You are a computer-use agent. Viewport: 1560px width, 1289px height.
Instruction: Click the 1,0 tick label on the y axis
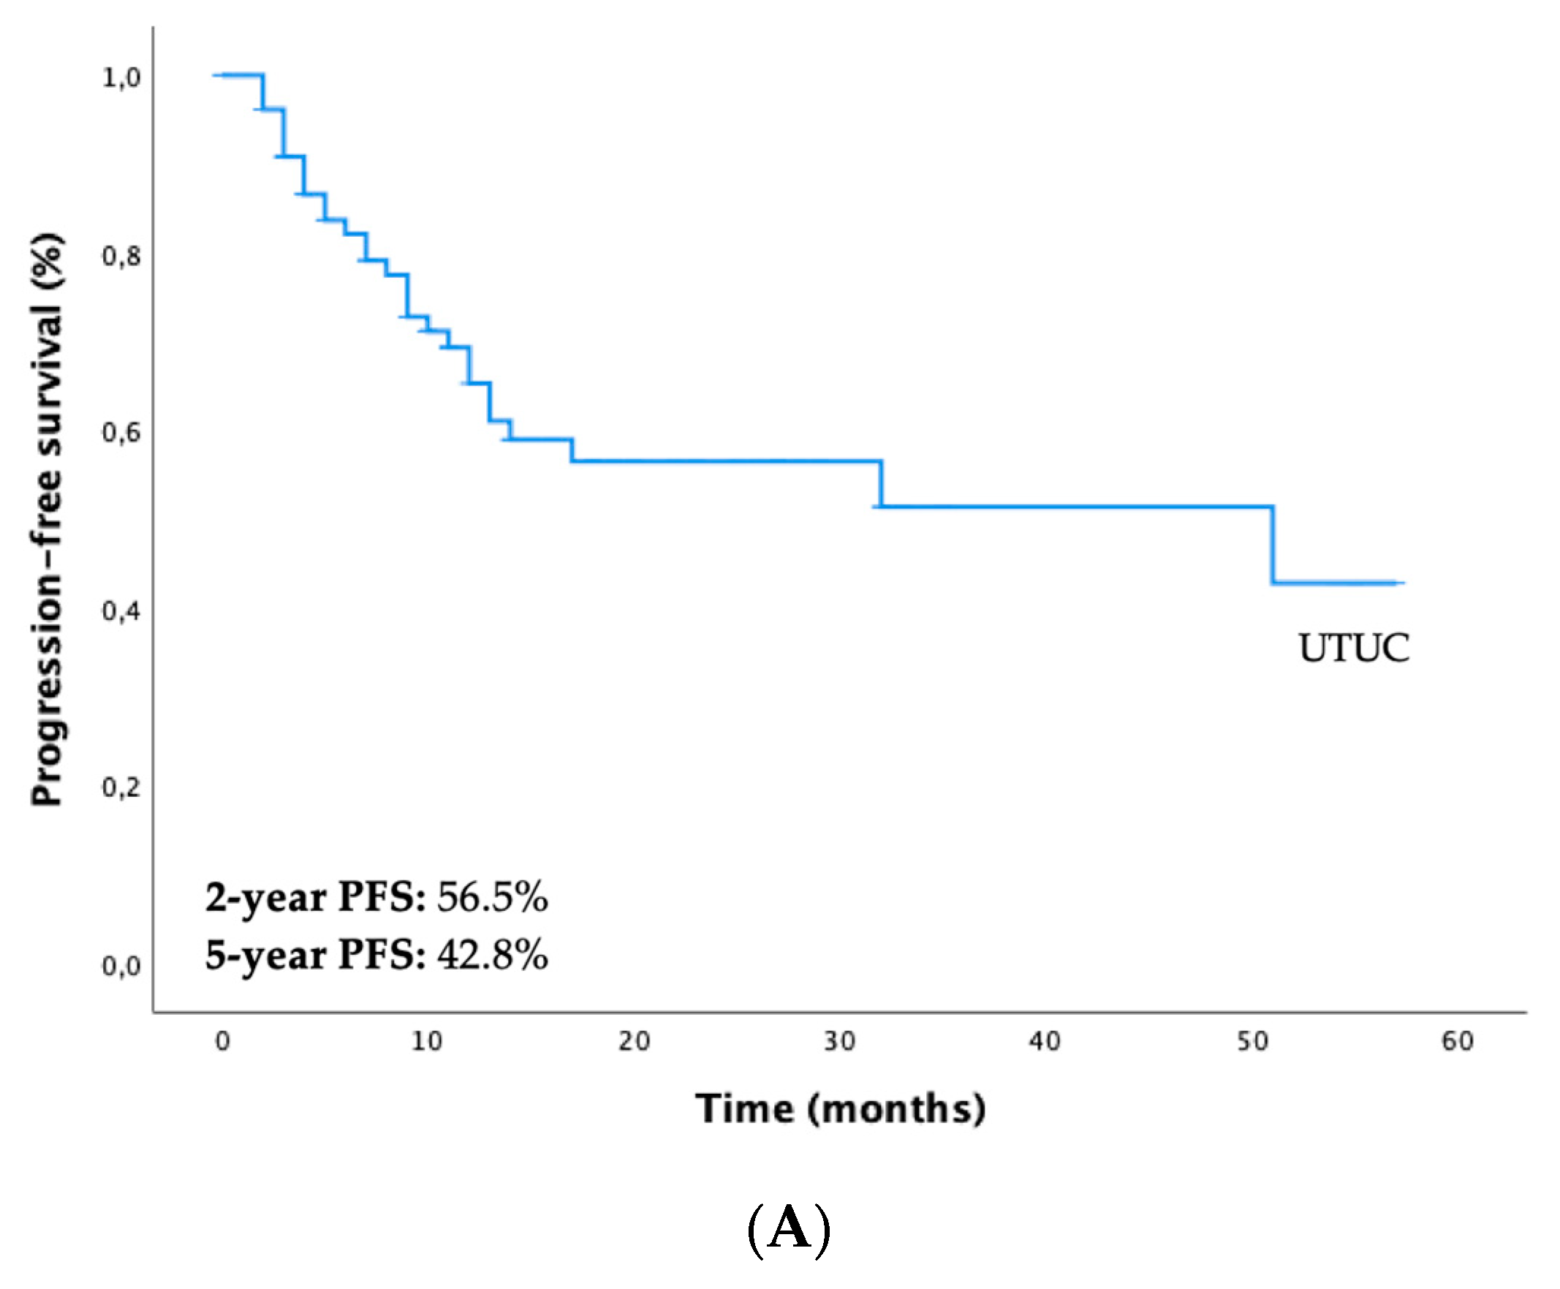coord(121,78)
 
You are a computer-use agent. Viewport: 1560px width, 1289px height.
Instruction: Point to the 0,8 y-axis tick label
coord(121,256)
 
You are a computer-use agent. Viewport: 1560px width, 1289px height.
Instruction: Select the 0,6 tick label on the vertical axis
coord(121,432)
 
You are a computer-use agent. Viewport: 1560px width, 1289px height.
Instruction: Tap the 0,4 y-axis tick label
coord(121,611)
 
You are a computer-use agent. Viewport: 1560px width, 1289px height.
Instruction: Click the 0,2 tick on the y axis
coord(121,787)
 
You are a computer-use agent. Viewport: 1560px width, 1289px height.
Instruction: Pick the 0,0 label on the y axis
coord(121,966)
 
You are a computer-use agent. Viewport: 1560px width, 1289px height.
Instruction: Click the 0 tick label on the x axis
coord(222,1042)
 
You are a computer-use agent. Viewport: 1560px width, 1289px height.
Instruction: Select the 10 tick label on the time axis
coord(427,1042)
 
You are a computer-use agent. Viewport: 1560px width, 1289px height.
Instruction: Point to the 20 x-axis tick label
coord(633,1042)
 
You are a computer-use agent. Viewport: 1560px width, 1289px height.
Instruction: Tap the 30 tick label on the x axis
coord(839,1042)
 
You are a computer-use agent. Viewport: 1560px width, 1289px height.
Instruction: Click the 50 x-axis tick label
coord(1252,1042)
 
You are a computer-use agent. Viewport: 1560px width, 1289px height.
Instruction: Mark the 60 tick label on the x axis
coord(1458,1042)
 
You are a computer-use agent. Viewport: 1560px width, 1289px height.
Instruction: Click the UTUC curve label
coord(1353,648)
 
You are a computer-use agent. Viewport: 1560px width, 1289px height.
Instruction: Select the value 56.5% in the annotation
coord(492,897)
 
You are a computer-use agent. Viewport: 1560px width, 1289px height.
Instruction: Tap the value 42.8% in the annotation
coord(492,955)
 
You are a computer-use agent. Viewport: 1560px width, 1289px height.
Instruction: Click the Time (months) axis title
coord(840,1109)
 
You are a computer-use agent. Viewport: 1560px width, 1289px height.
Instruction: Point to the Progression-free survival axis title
coord(47,520)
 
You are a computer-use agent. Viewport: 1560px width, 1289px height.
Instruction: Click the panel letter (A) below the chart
coord(788,1230)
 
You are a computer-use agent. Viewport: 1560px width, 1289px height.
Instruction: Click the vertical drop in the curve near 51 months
coord(1272,545)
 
